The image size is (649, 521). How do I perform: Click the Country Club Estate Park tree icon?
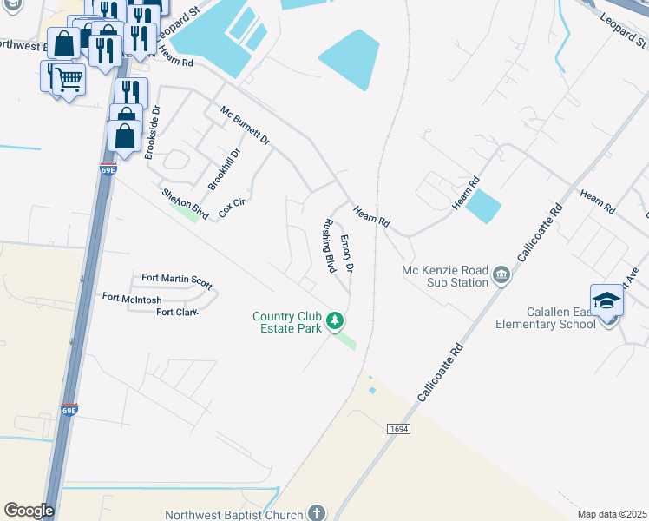pyautogui.click(x=334, y=323)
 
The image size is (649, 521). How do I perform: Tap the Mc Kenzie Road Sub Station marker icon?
pyautogui.click(x=501, y=276)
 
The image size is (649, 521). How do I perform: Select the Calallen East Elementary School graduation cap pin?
pyautogui.click(x=607, y=302)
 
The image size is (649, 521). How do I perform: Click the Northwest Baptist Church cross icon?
pyautogui.click(x=317, y=513)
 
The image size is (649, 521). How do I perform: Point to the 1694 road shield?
pyautogui.click(x=397, y=428)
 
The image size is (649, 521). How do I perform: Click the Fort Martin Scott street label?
pyautogui.click(x=177, y=281)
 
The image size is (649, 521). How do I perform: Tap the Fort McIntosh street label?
pyautogui.click(x=132, y=298)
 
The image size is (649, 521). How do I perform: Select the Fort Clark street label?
pyautogui.click(x=177, y=312)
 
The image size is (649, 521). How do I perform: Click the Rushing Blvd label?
pyautogui.click(x=329, y=247)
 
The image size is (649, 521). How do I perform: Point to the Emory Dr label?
pyautogui.click(x=346, y=254)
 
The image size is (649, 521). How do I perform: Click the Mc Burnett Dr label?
pyautogui.click(x=245, y=126)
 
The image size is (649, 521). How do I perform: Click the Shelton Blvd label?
pyautogui.click(x=186, y=203)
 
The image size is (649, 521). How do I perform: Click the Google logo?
pyautogui.click(x=29, y=511)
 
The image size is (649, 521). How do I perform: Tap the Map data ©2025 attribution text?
pyautogui.click(x=612, y=514)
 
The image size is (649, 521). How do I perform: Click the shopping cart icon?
pyautogui.click(x=69, y=80)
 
